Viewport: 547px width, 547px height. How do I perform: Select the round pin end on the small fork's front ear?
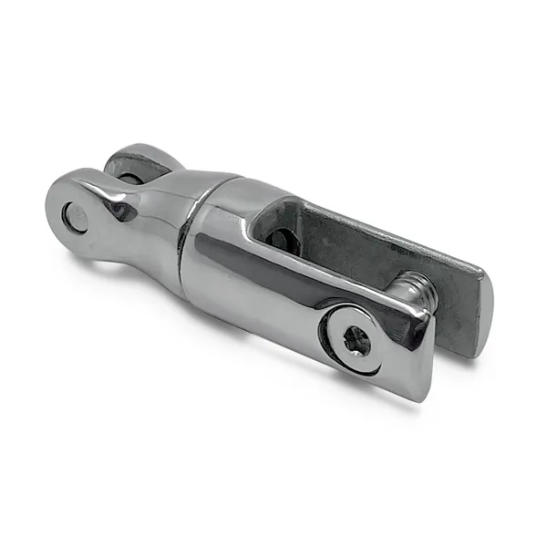pyautogui.click(x=75, y=217)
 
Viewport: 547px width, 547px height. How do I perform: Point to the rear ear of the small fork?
pyautogui.click(x=137, y=165)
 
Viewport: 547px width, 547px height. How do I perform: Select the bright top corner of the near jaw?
pyautogui.click(x=421, y=313)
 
